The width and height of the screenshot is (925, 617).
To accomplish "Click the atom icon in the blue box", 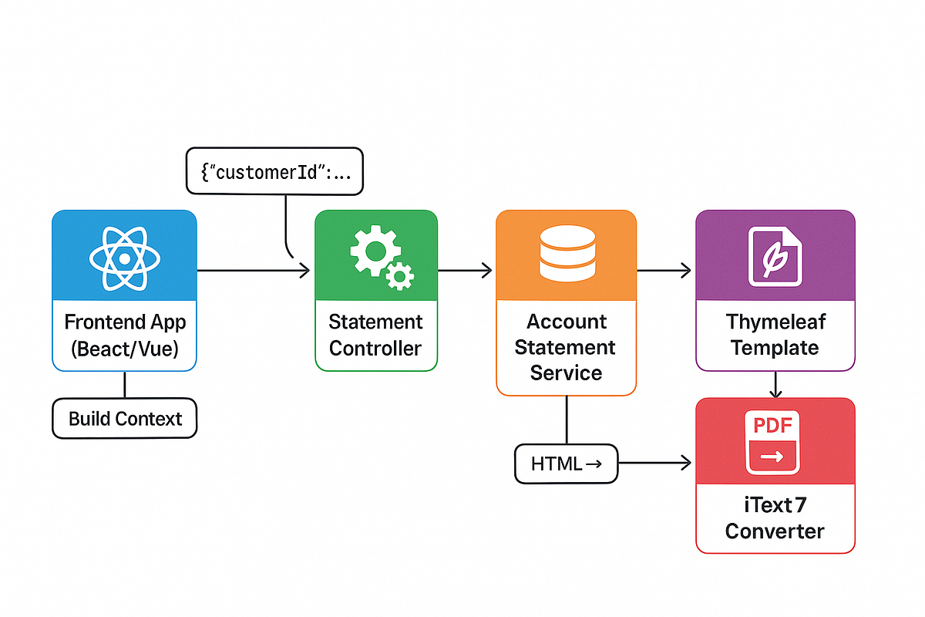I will (x=124, y=258).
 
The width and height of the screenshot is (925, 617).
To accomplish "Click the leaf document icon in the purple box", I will (x=775, y=256).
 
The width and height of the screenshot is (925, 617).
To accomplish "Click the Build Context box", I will (x=125, y=419).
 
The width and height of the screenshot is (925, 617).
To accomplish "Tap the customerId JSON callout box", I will (x=274, y=171).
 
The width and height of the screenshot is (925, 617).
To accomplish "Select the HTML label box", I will (x=566, y=464).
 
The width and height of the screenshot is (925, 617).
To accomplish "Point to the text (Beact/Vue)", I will (x=125, y=349).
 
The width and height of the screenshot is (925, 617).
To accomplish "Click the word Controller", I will (x=375, y=349).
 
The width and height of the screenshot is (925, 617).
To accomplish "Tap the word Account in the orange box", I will (x=567, y=322).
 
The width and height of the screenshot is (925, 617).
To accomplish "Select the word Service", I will (x=567, y=373).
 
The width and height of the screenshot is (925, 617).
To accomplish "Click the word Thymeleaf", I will (x=775, y=322).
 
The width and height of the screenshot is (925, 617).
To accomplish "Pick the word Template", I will (x=775, y=348).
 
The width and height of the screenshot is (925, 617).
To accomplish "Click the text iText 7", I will (x=775, y=505).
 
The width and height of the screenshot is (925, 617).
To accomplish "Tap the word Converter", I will (x=775, y=531).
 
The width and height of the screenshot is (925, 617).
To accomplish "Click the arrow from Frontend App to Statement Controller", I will (x=254, y=270).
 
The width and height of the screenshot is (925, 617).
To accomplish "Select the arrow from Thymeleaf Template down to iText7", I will (x=776, y=384).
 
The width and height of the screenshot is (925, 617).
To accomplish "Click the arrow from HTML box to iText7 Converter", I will (x=655, y=464).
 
